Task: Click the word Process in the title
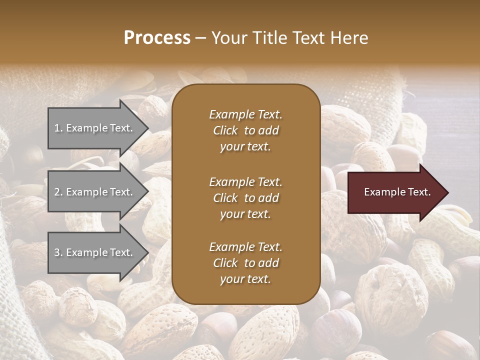pyautogui.click(x=157, y=38)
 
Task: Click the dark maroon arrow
pyautogui.click(x=395, y=192)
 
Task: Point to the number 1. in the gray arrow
pyautogui.click(x=58, y=128)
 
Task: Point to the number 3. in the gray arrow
pyautogui.click(x=58, y=252)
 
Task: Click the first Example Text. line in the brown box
pyautogui.click(x=245, y=114)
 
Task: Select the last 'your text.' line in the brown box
pyautogui.click(x=245, y=279)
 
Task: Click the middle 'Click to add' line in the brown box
pyautogui.click(x=245, y=198)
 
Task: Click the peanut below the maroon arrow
pyautogui.click(x=430, y=260)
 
